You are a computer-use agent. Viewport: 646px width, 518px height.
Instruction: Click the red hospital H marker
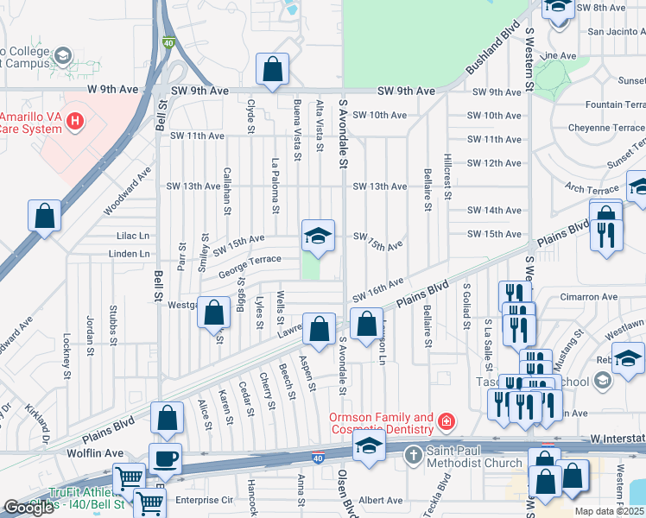click(75, 121)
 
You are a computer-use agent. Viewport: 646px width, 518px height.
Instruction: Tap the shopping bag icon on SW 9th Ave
click(273, 73)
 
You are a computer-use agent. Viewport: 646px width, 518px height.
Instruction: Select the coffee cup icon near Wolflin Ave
click(165, 458)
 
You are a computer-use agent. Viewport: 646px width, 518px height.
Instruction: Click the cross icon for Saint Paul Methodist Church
click(414, 454)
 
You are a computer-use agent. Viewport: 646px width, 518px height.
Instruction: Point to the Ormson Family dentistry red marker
click(446, 422)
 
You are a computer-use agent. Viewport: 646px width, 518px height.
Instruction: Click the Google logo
click(28, 508)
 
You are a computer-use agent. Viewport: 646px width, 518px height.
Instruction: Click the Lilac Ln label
click(133, 235)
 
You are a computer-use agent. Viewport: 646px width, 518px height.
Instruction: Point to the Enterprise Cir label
click(205, 500)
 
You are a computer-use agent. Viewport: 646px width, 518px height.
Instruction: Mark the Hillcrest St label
click(447, 177)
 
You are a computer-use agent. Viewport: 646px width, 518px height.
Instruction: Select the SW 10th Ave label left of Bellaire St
click(379, 115)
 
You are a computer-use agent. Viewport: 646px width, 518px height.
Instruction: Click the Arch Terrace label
click(592, 188)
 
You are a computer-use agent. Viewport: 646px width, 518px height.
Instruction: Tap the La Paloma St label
click(275, 185)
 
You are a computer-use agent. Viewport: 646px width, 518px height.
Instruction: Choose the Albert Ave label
click(381, 500)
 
